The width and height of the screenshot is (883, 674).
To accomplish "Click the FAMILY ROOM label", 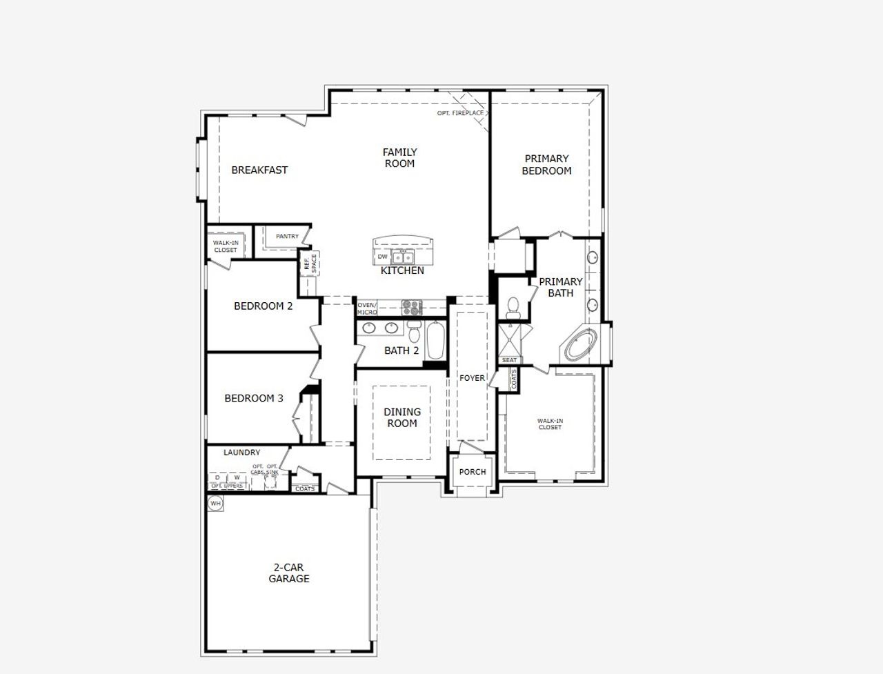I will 399,158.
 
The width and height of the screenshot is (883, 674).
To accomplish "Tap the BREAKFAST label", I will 259,170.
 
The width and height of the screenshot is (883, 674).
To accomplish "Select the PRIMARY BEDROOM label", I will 546,165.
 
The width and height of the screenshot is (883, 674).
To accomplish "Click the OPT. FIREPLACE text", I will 460,112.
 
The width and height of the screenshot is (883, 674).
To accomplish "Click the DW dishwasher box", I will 382,257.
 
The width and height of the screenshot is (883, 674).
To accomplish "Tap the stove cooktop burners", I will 412,305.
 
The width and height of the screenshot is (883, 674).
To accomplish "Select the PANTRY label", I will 287,237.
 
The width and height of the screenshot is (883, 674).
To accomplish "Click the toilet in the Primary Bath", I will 512,306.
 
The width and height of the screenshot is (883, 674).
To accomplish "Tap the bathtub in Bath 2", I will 435,339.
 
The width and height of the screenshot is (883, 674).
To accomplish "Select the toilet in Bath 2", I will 414,333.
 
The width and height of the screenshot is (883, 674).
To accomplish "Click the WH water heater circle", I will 216,504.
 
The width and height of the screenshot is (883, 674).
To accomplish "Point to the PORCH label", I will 473,472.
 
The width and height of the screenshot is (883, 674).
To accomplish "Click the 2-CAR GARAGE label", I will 288,573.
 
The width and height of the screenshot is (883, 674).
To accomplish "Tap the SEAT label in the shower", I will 509,360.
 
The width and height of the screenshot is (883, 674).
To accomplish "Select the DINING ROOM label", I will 401,417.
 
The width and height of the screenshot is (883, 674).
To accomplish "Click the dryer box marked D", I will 217,477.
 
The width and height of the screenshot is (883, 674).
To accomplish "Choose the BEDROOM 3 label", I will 253,398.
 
